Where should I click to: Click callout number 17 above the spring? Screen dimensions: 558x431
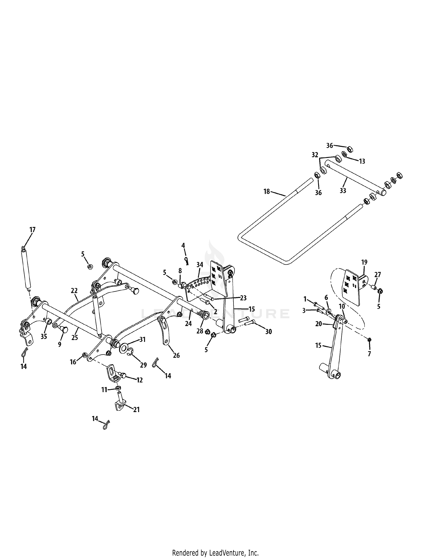pos(32,229)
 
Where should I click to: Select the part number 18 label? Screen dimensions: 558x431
pos(267,191)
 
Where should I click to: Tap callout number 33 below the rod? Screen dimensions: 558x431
pos(343,190)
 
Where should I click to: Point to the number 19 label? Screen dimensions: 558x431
pos(364,262)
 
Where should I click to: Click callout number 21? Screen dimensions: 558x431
pos(136,410)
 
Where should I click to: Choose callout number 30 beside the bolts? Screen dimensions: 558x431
pos(268,332)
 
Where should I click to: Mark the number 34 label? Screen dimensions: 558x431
pos(200,265)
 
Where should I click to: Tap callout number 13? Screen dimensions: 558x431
pos(362,161)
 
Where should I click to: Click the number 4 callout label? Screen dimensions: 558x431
pos(183,246)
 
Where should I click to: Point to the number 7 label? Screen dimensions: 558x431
pos(369,354)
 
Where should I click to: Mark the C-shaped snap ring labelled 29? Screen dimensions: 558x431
pos(131,352)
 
